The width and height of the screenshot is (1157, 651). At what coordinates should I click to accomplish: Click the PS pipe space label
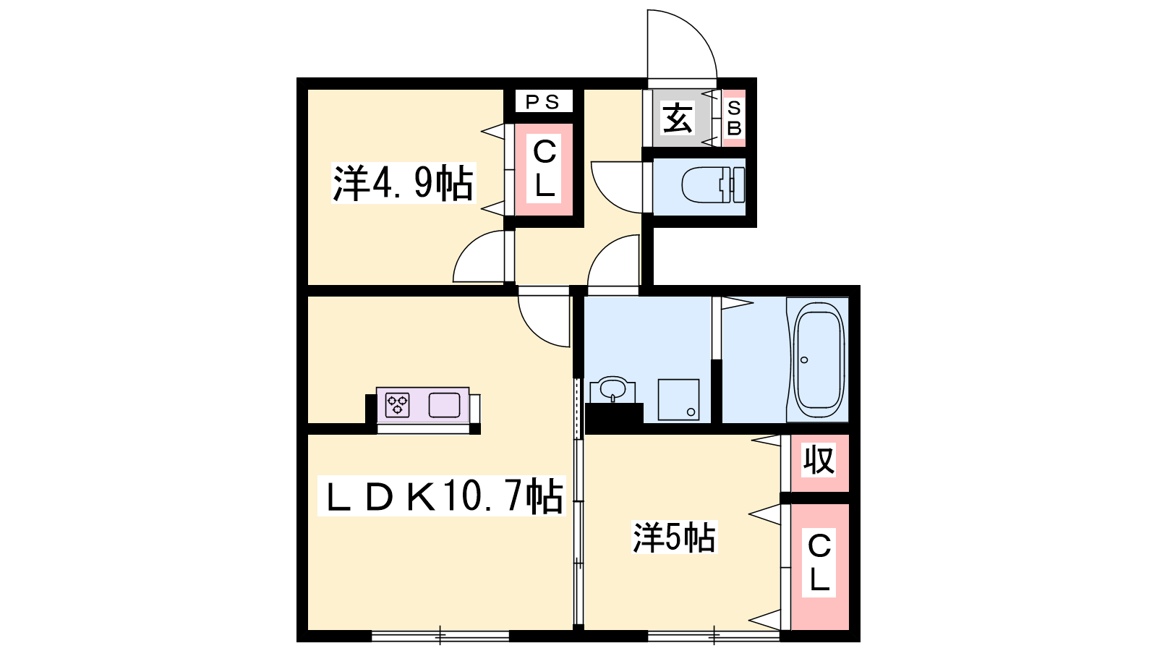[542, 102]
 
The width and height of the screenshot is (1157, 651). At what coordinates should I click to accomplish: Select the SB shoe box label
[734, 119]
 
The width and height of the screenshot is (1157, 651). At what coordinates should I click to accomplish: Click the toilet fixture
[713, 184]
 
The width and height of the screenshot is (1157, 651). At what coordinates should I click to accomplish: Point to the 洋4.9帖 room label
[403, 184]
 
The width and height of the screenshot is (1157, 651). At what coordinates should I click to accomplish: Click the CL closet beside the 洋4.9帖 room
[545, 169]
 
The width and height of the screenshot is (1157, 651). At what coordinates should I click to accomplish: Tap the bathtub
[819, 360]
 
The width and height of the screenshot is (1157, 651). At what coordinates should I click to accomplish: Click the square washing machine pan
[678, 400]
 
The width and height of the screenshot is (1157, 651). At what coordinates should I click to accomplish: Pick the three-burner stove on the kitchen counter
[397, 405]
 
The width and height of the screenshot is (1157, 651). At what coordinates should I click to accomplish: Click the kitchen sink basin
[444, 405]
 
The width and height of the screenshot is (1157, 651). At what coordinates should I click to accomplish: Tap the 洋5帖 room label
[675, 537]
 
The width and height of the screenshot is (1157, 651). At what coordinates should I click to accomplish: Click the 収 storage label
[819, 460]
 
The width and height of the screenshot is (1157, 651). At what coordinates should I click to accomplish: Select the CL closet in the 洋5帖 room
[820, 567]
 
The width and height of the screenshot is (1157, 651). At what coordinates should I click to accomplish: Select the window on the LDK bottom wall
[440, 636]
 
